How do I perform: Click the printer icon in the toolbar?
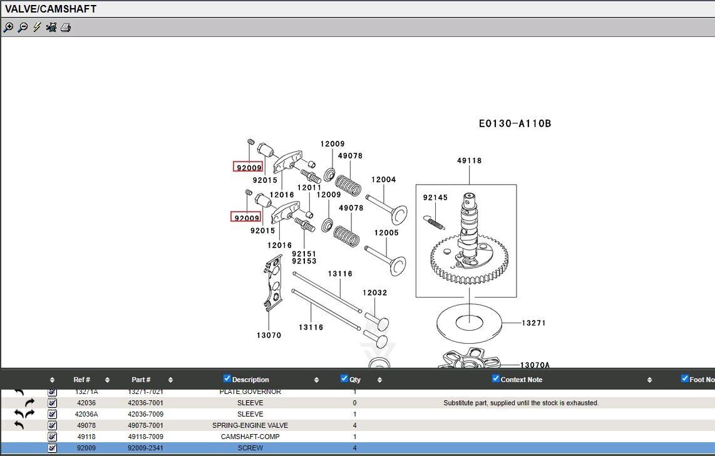[x=66, y=28]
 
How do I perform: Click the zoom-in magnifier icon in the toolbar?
[x=8, y=28]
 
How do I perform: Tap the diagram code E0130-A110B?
[x=515, y=123]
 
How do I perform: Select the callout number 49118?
[x=469, y=160]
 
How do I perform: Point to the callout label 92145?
[x=435, y=198]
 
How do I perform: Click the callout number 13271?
[x=534, y=323]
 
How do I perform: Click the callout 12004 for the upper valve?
[x=384, y=180]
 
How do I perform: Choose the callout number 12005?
[x=386, y=233]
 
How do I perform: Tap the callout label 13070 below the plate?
[x=269, y=335]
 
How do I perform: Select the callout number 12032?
[x=375, y=293]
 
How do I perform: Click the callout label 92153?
[x=304, y=261]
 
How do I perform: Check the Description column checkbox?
[x=227, y=378]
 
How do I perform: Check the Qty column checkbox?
[x=344, y=378]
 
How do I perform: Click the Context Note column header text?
[x=522, y=380]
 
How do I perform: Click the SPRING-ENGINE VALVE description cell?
[x=250, y=425]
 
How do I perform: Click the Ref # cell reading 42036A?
[x=86, y=414]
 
